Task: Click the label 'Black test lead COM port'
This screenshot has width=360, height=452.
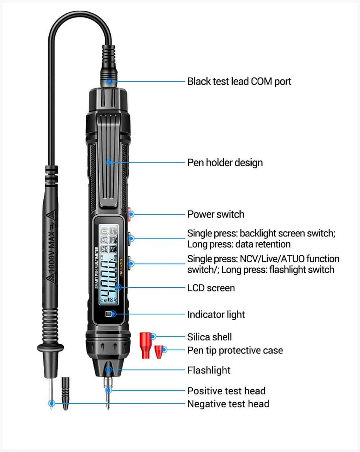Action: click(239, 82)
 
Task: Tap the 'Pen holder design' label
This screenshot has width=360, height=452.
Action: click(225, 162)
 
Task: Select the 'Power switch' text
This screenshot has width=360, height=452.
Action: click(215, 214)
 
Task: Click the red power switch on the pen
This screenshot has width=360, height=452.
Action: click(129, 214)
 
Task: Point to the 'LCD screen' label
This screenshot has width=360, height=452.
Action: click(211, 288)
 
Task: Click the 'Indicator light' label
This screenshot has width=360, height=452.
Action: click(216, 314)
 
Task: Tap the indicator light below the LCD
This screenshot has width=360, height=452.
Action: click(109, 314)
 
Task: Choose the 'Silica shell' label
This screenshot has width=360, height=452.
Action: click(209, 337)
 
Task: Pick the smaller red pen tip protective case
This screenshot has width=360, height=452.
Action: click(159, 352)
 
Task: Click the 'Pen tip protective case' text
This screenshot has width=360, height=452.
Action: click(235, 350)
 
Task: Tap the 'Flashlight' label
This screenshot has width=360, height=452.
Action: click(209, 370)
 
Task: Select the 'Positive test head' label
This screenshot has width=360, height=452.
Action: click(226, 391)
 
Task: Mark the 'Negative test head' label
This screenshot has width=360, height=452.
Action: click(228, 404)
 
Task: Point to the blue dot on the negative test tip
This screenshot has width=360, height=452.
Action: click(51, 404)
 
